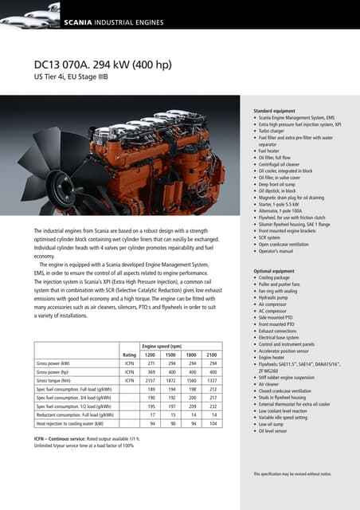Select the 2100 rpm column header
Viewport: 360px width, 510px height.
[x=212, y=355]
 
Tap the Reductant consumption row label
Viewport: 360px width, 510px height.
[x=73, y=415]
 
